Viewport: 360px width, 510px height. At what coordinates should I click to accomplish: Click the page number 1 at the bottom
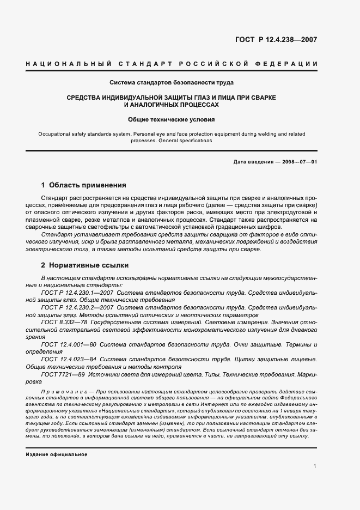tap(315, 466)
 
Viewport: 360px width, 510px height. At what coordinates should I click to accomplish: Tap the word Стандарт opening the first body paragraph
tap(57, 197)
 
